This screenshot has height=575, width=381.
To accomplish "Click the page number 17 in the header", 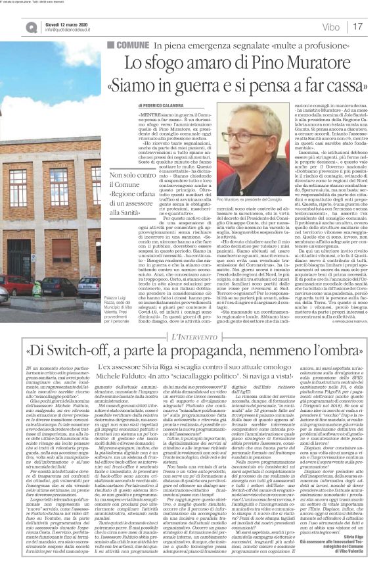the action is coord(359,26).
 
